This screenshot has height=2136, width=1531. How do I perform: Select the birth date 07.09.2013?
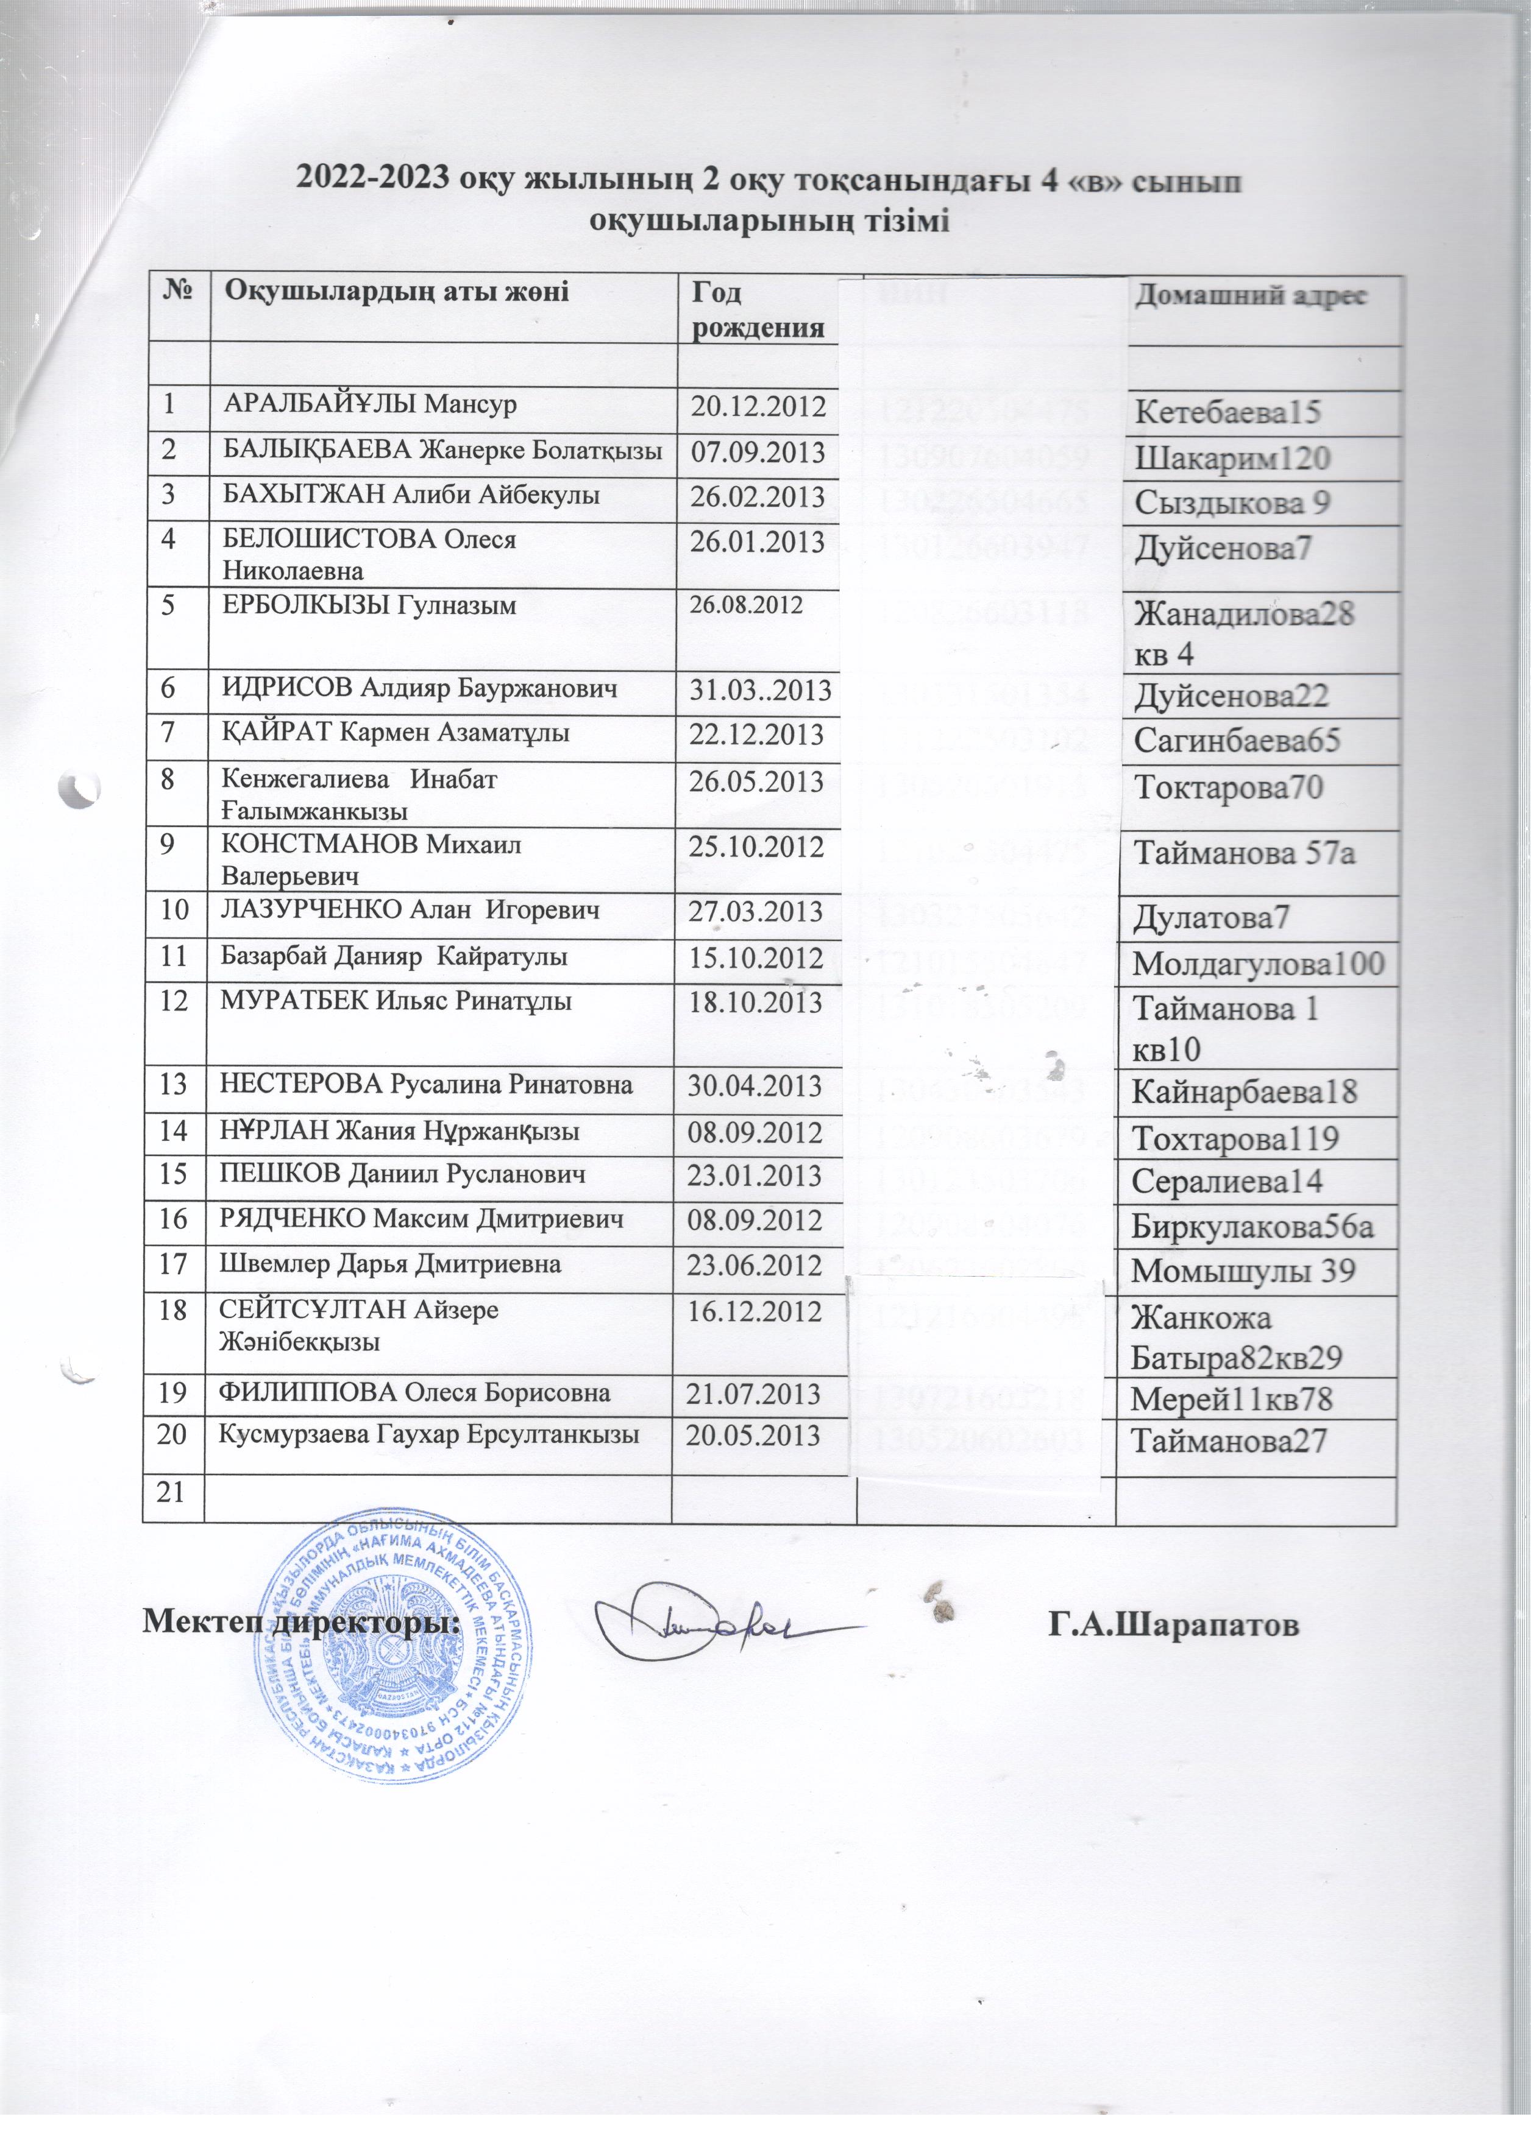pyautogui.click(x=758, y=453)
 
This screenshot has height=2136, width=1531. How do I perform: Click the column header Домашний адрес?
pyautogui.click(x=1249, y=295)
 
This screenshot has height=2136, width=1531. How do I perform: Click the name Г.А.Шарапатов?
pyautogui.click(x=1173, y=1626)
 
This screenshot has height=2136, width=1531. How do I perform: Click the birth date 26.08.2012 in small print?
pyautogui.click(x=745, y=605)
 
